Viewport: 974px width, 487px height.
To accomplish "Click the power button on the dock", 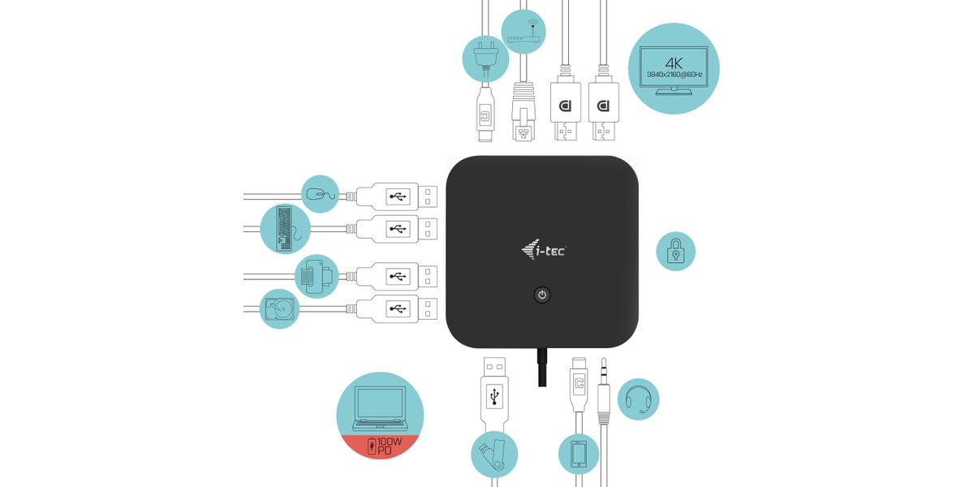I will [x=542, y=295].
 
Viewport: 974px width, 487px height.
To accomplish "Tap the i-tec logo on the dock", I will [x=544, y=249].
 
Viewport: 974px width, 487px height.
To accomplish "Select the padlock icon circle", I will [x=675, y=252].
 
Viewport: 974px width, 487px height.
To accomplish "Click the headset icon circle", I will [x=639, y=399].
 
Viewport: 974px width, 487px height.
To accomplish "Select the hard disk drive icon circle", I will [x=279, y=308].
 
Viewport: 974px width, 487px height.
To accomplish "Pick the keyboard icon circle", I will [x=286, y=227].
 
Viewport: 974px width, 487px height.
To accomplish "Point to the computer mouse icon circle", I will [x=320, y=194].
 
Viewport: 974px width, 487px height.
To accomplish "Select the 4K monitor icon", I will [x=674, y=67].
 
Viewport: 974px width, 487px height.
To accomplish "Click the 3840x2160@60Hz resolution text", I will [x=674, y=75].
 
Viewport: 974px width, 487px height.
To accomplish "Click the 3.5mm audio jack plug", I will [x=604, y=398].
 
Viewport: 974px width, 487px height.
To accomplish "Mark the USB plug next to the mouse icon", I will [x=397, y=196].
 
